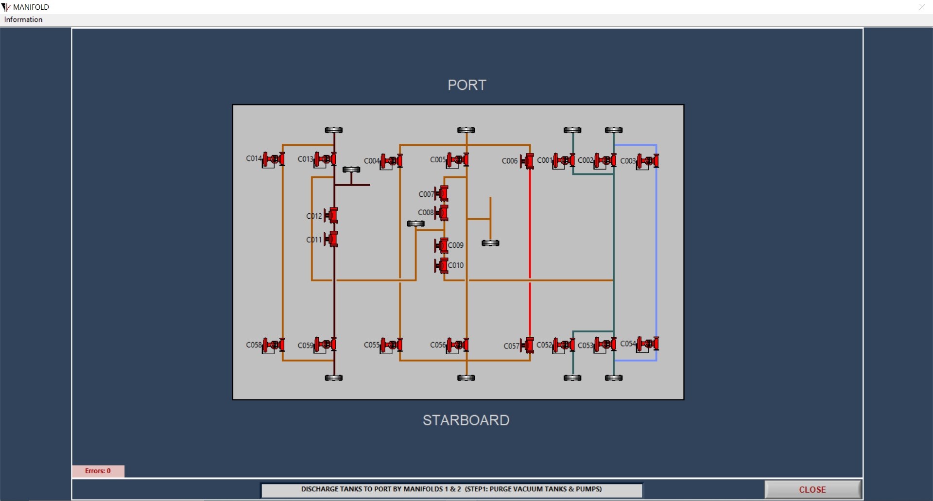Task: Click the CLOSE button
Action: click(x=812, y=489)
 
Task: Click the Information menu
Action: click(x=23, y=19)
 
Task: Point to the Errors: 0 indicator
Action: click(x=98, y=471)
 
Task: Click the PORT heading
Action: click(x=466, y=85)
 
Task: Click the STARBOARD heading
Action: click(x=466, y=420)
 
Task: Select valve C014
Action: click(x=274, y=159)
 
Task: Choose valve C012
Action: click(x=331, y=215)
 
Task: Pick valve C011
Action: click(x=331, y=239)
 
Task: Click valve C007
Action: click(x=442, y=193)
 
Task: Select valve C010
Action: click(x=441, y=265)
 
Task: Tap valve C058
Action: click(x=274, y=345)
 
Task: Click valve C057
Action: click(x=527, y=346)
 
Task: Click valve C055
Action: click(x=392, y=345)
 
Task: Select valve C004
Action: click(x=392, y=161)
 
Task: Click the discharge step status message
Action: click(x=451, y=489)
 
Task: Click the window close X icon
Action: click(x=922, y=7)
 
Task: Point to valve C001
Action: click(x=564, y=160)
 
